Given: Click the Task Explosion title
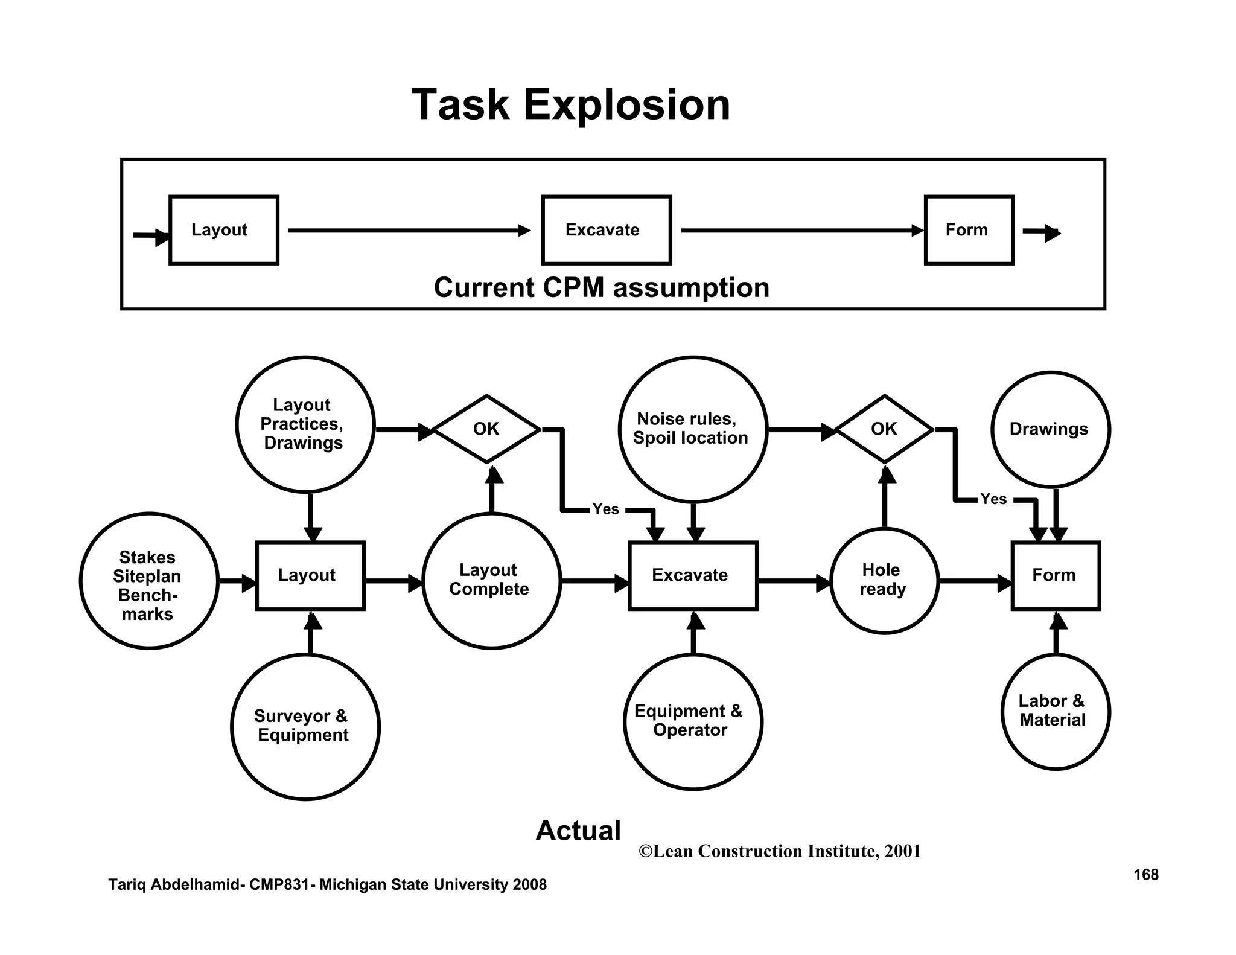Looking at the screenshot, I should click(570, 105).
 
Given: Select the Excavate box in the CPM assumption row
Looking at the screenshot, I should click(606, 230).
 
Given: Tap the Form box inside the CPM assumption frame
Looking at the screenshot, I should click(969, 230).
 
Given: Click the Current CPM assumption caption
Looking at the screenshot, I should click(601, 287).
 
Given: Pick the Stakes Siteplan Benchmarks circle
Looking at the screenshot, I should click(148, 581).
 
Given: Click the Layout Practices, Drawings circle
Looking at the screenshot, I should click(305, 424).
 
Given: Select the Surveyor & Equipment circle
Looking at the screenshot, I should click(305, 727).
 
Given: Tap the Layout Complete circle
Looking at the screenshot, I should click(491, 581).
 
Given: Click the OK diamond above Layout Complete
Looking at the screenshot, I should click(486, 429).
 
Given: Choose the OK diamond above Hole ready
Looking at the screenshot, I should click(884, 429).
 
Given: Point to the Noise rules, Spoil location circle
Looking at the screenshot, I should click(692, 429).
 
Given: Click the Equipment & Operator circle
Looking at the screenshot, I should click(692, 721).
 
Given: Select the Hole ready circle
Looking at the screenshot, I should click(884, 581).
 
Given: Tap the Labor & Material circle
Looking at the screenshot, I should click(1055, 711).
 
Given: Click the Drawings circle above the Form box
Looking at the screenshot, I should click(1050, 429).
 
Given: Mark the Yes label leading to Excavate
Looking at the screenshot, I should click(605, 509).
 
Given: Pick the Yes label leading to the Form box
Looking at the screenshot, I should click(993, 499).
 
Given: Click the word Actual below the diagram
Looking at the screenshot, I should click(578, 831).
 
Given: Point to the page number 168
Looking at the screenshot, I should click(1145, 875).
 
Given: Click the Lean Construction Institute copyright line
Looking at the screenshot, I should click(779, 851).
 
